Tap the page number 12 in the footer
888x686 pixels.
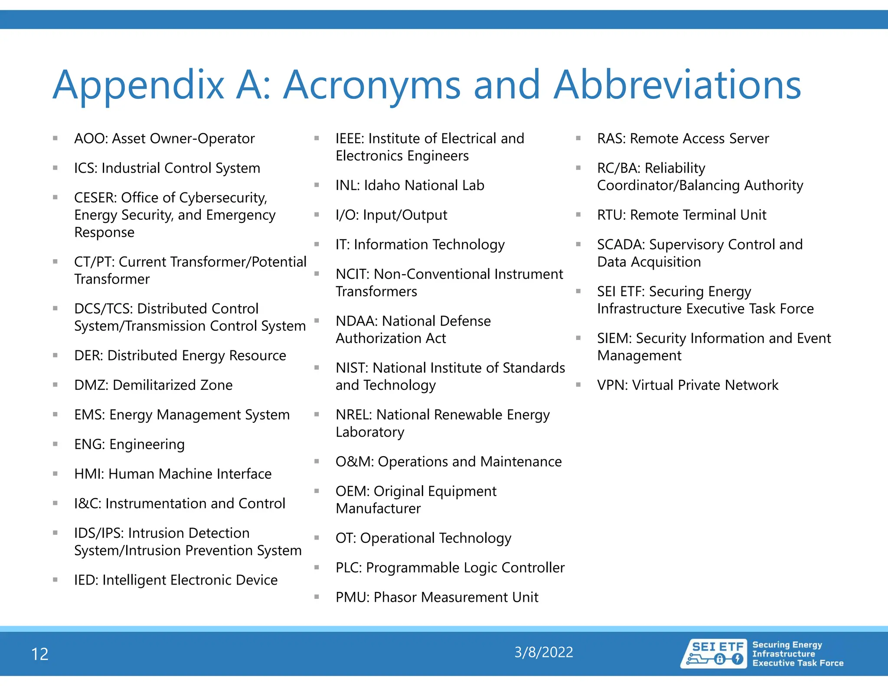pyautogui.click(x=40, y=654)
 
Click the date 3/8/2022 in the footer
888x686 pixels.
pyautogui.click(x=544, y=652)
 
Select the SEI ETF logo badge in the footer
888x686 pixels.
pyautogui.click(x=714, y=653)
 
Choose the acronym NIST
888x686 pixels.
pyautogui.click(x=351, y=368)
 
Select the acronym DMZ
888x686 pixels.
pyautogui.click(x=90, y=385)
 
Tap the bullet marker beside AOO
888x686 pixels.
pyautogui.click(x=55, y=138)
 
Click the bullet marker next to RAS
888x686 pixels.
pyautogui.click(x=578, y=138)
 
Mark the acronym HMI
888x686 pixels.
pyautogui.click(x=88, y=474)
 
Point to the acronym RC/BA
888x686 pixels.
pyautogui.click(x=617, y=168)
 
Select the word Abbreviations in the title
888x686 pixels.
pyautogui.click(x=677, y=85)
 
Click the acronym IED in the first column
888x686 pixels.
pyautogui.click(x=85, y=580)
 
